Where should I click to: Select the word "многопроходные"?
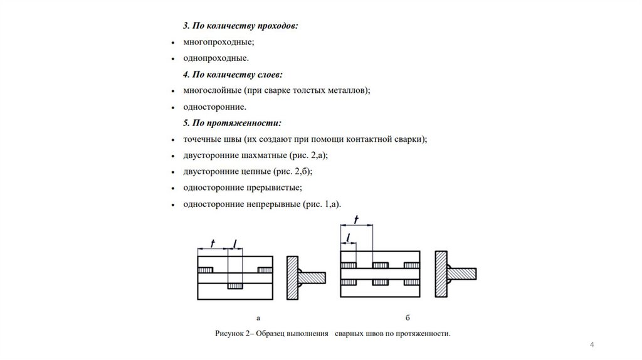click(214, 42)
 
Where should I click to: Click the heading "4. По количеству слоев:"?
click(233, 75)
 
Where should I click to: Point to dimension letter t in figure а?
click(213, 243)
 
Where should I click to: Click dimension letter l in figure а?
click(234, 243)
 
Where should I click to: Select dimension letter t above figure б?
click(356, 219)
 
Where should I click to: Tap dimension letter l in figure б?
click(348, 237)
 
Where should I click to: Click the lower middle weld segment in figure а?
click(235, 286)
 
